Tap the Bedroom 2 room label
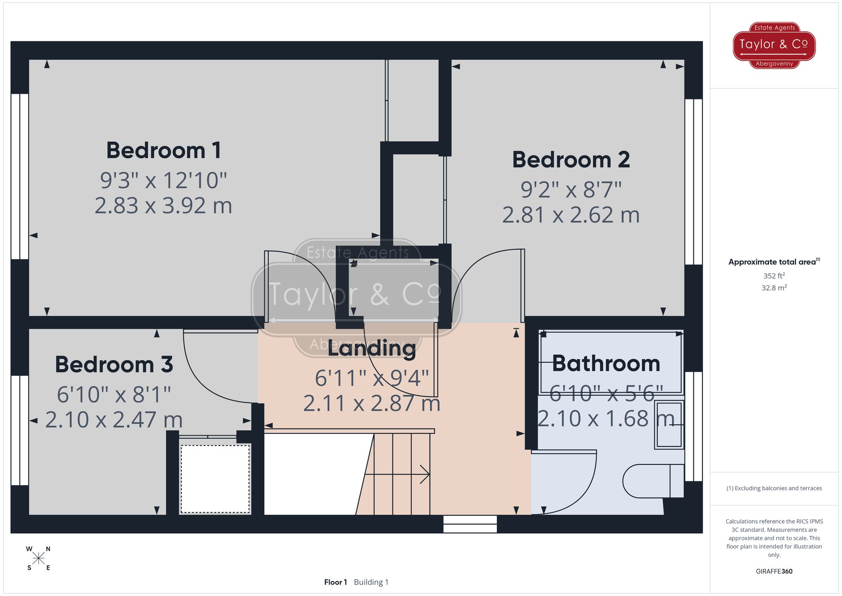click(571, 160)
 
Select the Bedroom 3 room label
click(114, 364)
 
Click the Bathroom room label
click(606, 363)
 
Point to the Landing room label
click(371, 349)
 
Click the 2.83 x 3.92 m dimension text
click(163, 206)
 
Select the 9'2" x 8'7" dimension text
click(571, 190)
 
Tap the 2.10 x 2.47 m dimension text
click(114, 420)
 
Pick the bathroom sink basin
click(669, 425)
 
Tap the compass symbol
click(38, 559)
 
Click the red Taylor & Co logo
click(774, 45)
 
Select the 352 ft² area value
click(774, 276)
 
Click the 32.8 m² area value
click(774, 288)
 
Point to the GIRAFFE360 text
click(774, 572)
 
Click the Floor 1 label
click(336, 582)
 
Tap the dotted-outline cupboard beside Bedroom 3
click(215, 479)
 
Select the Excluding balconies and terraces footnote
click(774, 489)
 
